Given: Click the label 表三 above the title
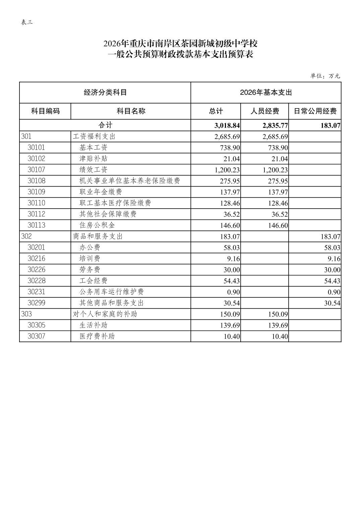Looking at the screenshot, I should tap(27, 22).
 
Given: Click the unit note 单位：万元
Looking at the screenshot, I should tap(325, 76).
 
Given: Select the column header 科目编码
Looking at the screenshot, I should tap(45, 111).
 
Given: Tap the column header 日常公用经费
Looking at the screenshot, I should tap(315, 111).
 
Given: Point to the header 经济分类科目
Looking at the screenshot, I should tap(105, 92).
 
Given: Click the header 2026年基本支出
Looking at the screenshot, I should tap(266, 92).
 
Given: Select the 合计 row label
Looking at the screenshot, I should tap(105, 125).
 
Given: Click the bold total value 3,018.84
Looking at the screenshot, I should tap(227, 126).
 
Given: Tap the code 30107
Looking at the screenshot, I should tap(36, 170).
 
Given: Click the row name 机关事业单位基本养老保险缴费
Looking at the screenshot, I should tap(130, 181).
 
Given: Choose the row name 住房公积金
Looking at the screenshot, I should tap(97, 225).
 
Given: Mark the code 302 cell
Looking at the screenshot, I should tap(26, 236).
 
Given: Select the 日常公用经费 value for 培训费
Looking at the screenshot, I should tap(334, 259).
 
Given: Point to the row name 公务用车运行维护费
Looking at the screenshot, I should tap(112, 292).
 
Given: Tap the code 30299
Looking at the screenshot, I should tap(36, 303).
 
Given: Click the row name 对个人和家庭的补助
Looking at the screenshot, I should tap(105, 314).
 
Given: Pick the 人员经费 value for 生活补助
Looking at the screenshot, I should tap(278, 325).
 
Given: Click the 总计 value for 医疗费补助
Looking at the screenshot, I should tap(232, 337).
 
